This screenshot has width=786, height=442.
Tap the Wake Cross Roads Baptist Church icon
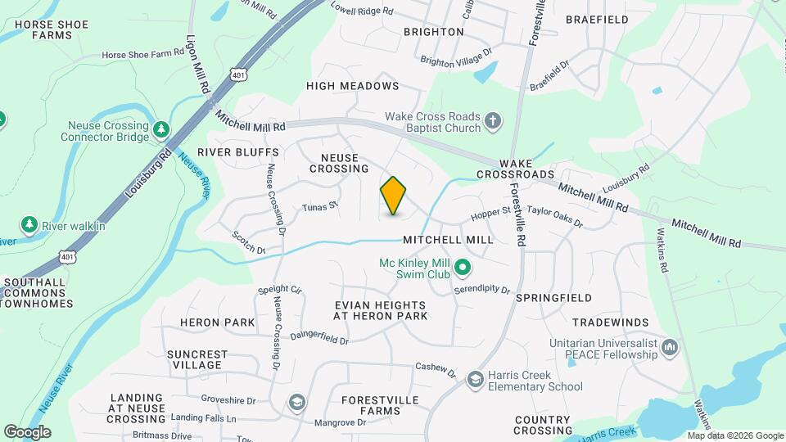pos(492,122)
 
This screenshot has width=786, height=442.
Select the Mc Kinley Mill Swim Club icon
pos(463,268)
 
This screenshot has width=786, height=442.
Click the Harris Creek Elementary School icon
pos(475,379)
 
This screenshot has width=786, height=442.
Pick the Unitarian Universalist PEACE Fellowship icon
pos(671,349)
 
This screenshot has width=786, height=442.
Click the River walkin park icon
pos(29,224)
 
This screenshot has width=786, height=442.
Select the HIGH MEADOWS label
pos(352,86)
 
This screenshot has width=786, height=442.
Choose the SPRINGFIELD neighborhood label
pos(553,298)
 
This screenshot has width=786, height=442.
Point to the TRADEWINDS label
pos(610,322)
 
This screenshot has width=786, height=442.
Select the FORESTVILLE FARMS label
pos(380,405)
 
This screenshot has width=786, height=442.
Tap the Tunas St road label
pos(320,207)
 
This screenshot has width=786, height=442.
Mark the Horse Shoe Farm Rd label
pos(143,54)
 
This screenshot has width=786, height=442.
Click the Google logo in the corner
pos(27,431)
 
